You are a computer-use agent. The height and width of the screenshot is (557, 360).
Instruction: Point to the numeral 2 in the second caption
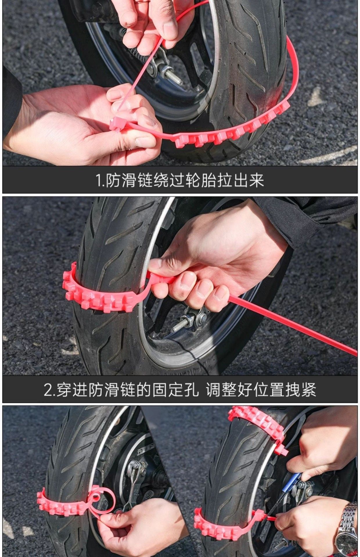[x=48, y=390]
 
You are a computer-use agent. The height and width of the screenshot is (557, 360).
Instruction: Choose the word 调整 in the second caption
[x=220, y=390]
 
